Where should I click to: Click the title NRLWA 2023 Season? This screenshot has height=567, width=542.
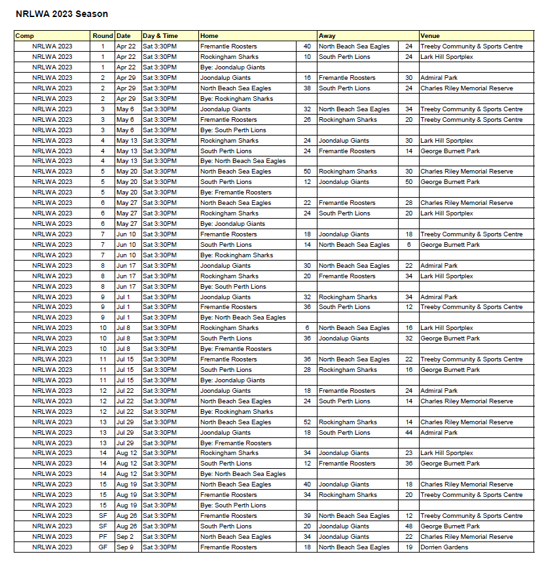[62, 14]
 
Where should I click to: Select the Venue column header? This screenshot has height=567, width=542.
[430, 36]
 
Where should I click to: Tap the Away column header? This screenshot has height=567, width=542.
[327, 36]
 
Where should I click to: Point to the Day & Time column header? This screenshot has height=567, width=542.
[160, 36]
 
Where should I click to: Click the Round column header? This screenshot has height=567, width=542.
[103, 36]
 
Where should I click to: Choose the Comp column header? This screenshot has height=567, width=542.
[25, 36]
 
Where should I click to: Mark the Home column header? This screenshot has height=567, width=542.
[209, 36]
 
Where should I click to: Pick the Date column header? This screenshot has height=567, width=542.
[124, 36]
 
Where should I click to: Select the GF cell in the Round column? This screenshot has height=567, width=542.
[103, 547]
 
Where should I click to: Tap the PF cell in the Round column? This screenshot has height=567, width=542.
[103, 537]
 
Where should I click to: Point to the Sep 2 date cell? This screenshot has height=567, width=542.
[124, 537]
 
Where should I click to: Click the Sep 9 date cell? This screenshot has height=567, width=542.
[124, 547]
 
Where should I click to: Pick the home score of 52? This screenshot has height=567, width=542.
[307, 422]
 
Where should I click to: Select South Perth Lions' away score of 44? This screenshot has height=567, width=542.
[408, 433]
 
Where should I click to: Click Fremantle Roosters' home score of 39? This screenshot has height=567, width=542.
[307, 516]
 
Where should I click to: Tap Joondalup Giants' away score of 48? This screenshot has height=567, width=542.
[408, 526]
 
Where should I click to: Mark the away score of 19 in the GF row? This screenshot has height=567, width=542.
[408, 547]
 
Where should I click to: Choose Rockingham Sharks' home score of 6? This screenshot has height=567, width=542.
[307, 328]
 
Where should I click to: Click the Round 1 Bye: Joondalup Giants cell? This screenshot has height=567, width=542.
[232, 67]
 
